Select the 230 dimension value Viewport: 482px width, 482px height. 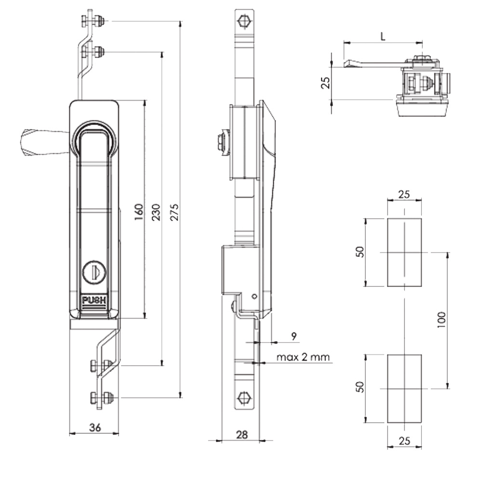coord(156,213)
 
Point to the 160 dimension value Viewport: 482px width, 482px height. coord(139,213)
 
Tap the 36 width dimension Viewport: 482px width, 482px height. coord(94,426)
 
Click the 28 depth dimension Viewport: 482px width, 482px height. coord(242,434)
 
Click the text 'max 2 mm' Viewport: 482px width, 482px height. coord(303,358)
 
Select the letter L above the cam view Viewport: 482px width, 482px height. coord(382,37)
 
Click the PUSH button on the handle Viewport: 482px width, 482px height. coord(94,301)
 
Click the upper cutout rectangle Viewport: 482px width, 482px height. coord(404,252)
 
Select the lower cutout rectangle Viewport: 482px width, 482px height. coord(404,388)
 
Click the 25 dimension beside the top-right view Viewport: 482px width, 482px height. coord(326,83)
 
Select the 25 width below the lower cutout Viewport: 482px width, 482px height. coord(404,440)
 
